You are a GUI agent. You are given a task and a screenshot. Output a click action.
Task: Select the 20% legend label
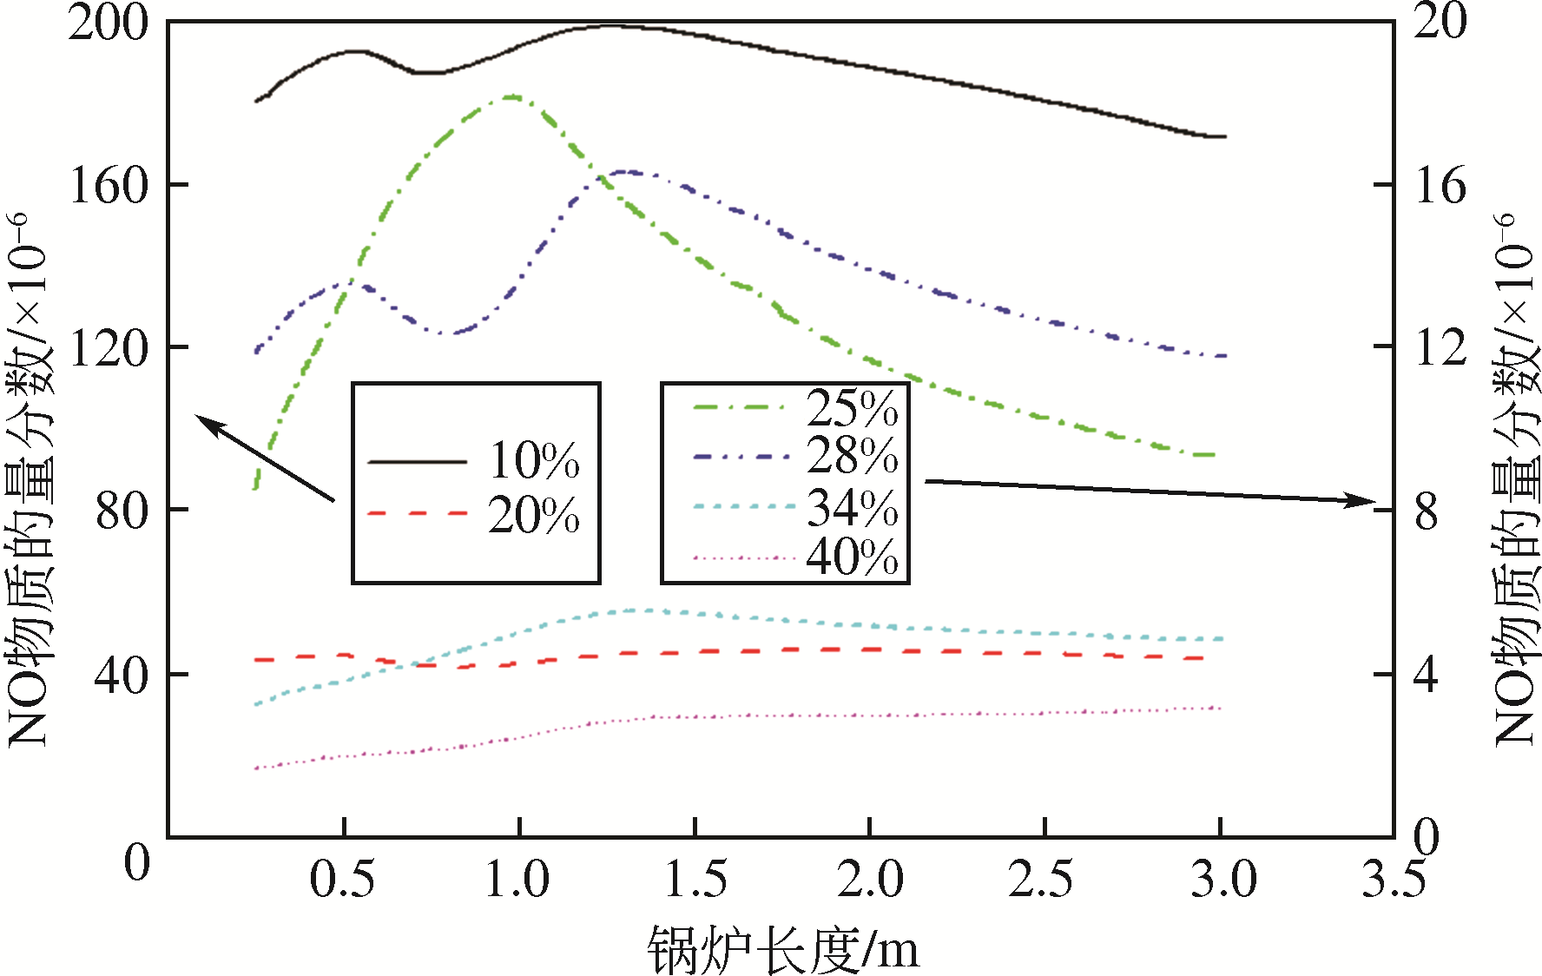click(x=534, y=515)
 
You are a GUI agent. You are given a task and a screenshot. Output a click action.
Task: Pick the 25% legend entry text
click(x=852, y=407)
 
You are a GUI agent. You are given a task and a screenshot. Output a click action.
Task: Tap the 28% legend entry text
click(x=852, y=455)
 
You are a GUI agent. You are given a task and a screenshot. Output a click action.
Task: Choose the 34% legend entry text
click(x=852, y=508)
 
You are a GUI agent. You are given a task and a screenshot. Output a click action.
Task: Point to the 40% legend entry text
click(x=852, y=557)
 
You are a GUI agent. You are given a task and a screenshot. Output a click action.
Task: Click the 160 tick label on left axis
click(x=109, y=185)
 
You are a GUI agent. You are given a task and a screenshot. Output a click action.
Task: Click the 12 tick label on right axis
click(x=1440, y=347)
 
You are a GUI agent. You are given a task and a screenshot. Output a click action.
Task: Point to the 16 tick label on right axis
click(x=1440, y=185)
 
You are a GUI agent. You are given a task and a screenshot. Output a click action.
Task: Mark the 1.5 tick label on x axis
click(x=695, y=879)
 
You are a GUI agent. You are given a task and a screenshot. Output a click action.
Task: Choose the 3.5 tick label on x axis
click(x=1394, y=879)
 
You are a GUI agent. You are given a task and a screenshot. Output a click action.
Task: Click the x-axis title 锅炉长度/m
click(x=782, y=950)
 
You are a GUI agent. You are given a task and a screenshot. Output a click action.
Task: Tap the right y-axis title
click(x=1515, y=478)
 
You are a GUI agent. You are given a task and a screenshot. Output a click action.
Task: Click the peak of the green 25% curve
click(x=512, y=97)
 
